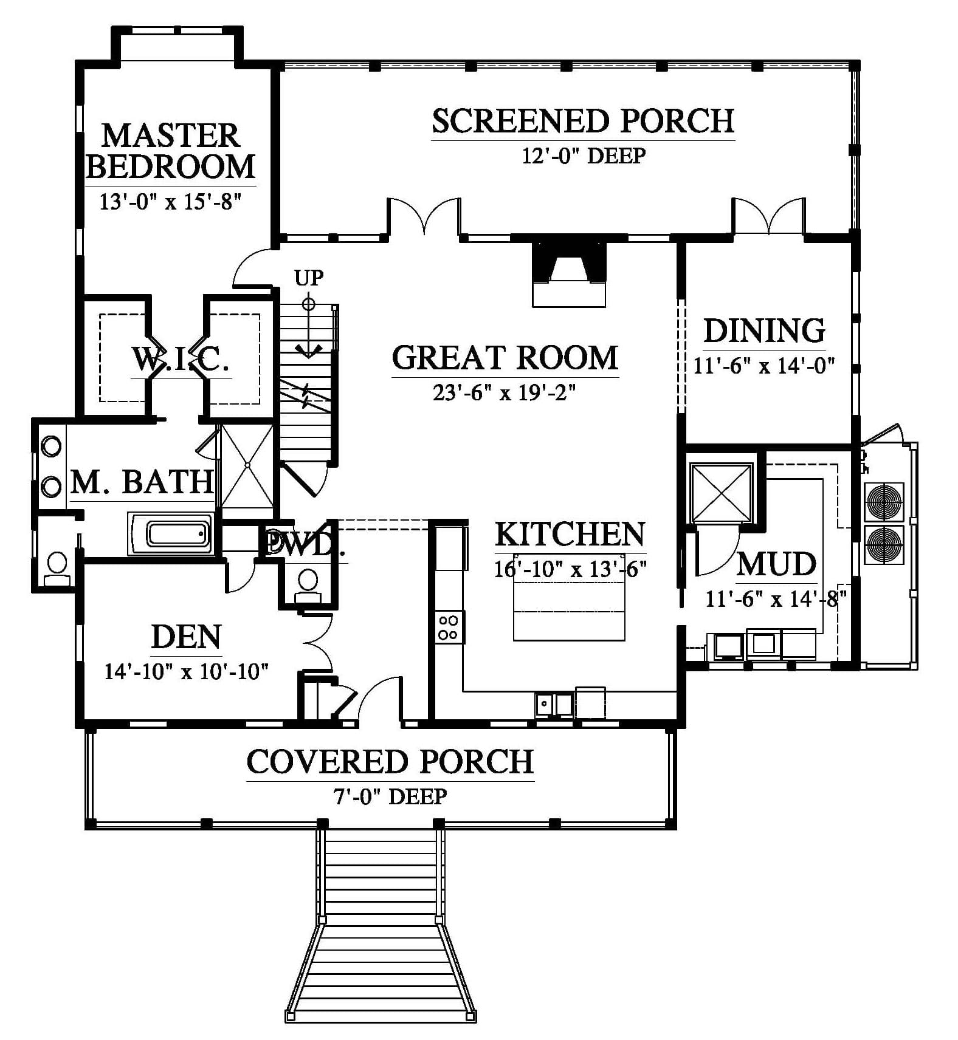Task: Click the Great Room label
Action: (505, 357)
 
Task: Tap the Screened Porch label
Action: (583, 120)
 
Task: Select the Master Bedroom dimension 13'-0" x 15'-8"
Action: (171, 201)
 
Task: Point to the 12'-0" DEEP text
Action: (584, 156)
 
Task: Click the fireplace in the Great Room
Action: (569, 274)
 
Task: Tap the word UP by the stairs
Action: (309, 278)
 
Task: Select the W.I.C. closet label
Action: (181, 359)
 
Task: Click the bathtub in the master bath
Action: (170, 534)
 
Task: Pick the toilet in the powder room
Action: (308, 585)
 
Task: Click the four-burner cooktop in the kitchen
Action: (449, 627)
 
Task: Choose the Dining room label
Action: (765, 330)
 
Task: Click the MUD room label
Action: (776, 564)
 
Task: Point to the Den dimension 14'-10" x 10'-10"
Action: (187, 671)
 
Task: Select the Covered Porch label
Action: (390, 762)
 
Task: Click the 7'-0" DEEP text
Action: (390, 796)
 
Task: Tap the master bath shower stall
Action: (247, 465)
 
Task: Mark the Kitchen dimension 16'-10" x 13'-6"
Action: (570, 569)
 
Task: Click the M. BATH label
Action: (142, 482)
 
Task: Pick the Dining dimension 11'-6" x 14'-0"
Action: (764, 365)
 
